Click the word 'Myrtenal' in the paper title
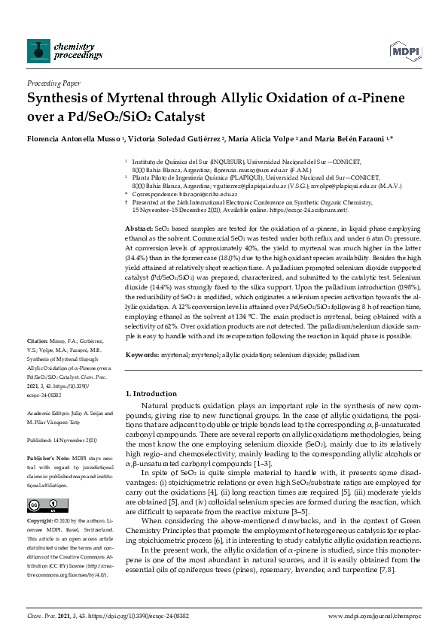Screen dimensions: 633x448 point(117,98)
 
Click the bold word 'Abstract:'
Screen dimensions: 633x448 point(138,228)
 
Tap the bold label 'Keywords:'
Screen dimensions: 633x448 point(142,353)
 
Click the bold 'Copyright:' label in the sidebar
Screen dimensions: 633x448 point(43,520)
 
